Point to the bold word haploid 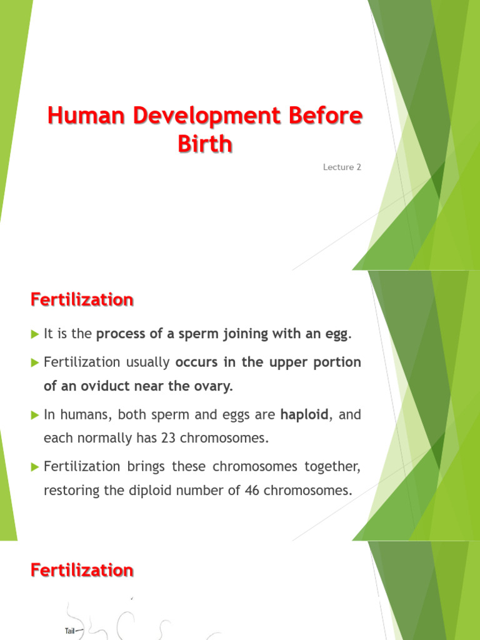(304, 414)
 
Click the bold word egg (336, 334)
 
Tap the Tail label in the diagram (70, 631)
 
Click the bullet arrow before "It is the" (35, 334)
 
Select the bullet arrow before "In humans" (35, 414)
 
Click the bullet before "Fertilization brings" (35, 466)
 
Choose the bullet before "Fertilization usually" (35, 362)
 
